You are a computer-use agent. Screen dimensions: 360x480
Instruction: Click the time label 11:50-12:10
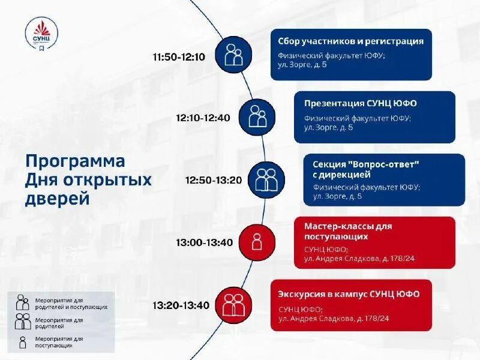point(179,58)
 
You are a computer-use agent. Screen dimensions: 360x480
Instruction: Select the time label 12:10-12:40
point(203,118)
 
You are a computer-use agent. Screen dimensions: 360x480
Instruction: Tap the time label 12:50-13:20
point(213,180)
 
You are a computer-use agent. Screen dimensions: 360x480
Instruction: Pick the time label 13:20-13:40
point(181,305)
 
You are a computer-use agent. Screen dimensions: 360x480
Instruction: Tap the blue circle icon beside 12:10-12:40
point(257,116)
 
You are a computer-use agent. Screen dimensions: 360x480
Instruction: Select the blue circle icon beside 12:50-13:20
point(266,179)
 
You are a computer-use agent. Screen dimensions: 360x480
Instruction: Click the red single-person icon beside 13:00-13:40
point(257,242)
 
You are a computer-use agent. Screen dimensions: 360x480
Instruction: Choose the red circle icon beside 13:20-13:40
point(233,305)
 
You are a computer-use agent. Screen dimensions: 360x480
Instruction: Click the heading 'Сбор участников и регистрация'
point(350,41)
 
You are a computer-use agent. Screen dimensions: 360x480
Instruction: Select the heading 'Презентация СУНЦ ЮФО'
point(360,103)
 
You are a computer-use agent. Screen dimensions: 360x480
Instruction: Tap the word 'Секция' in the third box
point(329,164)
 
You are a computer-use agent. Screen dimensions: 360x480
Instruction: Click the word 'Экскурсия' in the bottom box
point(302,294)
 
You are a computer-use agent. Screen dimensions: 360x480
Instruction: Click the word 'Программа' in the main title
point(75,161)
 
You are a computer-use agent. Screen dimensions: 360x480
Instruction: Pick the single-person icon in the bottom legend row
point(23,342)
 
